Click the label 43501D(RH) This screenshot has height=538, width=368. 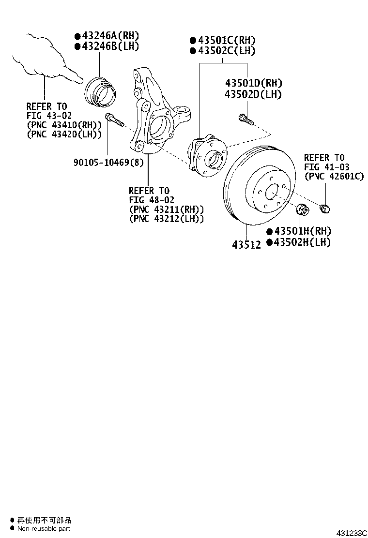[253, 83]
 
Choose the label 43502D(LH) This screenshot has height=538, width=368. [253, 94]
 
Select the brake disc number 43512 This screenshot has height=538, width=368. [246, 244]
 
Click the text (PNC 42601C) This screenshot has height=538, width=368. [334, 177]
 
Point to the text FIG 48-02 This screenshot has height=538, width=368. [152, 199]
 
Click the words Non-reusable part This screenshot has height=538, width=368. [44, 529]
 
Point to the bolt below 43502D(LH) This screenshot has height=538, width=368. [246, 119]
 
